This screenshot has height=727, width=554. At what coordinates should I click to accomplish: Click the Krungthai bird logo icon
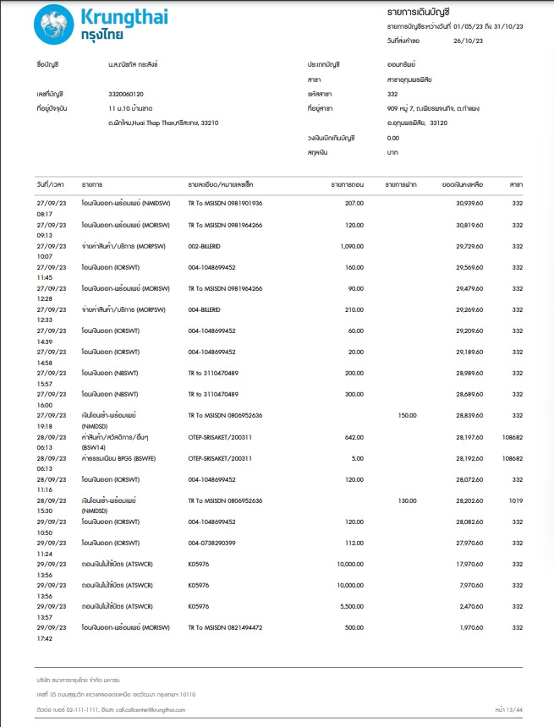click(53, 25)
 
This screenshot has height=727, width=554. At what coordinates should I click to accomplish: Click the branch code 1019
click(515, 500)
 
